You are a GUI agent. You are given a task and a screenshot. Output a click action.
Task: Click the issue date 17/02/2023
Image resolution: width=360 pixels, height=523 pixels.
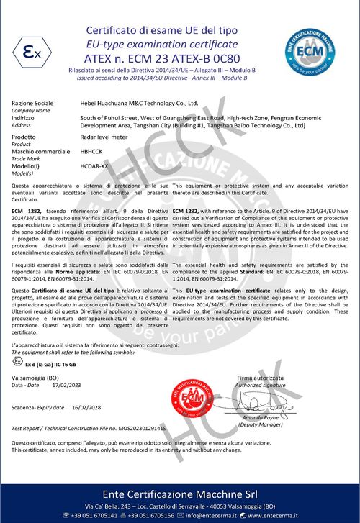[x=66, y=386]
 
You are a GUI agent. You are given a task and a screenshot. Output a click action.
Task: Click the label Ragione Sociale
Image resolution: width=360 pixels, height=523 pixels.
[x=32, y=104]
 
